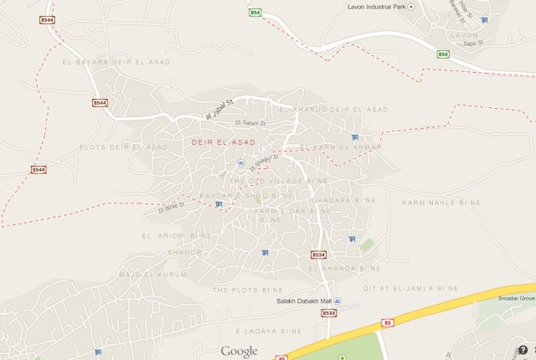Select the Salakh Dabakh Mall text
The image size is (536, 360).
click(303, 301)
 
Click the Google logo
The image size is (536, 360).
click(239, 352)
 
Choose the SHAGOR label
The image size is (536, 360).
click(184, 251)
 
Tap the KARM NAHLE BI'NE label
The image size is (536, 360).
click(441, 203)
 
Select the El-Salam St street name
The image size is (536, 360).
click(250, 123)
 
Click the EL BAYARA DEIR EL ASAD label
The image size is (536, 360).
click(116, 62)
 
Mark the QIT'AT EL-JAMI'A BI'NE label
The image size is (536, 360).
click(410, 289)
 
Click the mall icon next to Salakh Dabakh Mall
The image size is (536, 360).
click(337, 301)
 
